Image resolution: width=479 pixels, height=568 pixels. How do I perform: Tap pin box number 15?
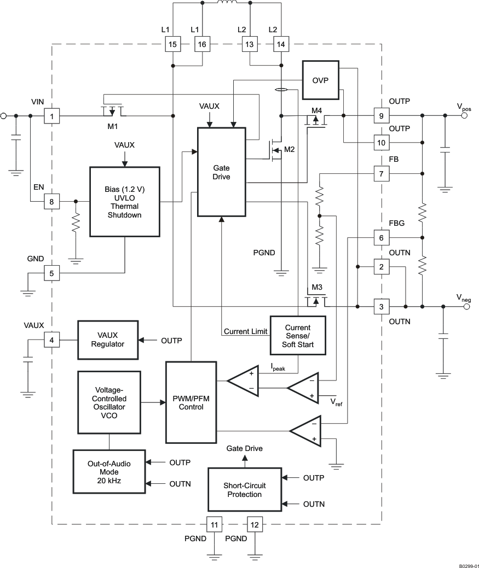[x=172, y=45]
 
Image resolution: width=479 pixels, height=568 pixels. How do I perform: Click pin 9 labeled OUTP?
[x=381, y=116]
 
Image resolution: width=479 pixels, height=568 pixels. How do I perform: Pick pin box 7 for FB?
[x=381, y=174]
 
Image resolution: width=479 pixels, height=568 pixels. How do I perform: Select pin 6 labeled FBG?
[x=381, y=238]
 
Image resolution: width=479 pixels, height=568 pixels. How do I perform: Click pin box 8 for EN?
[x=52, y=202]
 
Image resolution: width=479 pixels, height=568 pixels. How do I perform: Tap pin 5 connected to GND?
[x=52, y=272]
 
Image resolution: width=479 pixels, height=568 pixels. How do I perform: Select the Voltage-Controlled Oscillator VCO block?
[x=109, y=403]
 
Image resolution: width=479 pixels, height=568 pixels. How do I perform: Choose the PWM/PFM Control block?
[x=191, y=402]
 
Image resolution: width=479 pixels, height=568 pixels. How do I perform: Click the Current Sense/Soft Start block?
[x=298, y=336]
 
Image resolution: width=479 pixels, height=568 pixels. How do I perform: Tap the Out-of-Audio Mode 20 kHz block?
[x=109, y=471]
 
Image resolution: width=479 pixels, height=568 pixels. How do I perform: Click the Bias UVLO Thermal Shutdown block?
[x=124, y=202]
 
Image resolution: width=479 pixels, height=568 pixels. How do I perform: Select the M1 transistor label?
[x=112, y=127]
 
